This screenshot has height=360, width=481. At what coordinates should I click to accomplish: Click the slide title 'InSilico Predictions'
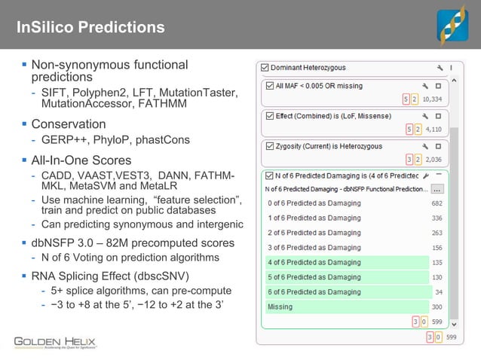pos(90,28)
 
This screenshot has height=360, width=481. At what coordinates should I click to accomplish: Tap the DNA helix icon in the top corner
pos(452,25)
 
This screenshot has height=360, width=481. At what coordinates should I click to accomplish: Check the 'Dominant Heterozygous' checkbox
pos(264,67)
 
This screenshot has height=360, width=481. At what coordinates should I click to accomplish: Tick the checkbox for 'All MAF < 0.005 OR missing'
pos(269,86)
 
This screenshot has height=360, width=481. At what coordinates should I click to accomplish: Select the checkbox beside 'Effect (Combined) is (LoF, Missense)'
pos(269,116)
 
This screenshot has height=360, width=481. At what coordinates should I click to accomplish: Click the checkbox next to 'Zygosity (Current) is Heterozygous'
pos(269,146)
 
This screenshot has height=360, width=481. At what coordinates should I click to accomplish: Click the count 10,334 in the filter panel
pos(432,99)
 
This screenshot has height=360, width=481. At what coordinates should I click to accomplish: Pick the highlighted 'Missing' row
pos(280,307)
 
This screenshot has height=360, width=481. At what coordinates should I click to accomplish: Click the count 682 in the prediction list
pos(437,203)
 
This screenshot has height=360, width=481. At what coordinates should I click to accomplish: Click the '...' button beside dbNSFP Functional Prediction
pos(437,189)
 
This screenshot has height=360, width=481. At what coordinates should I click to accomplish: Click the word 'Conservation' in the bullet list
pos(68,124)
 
